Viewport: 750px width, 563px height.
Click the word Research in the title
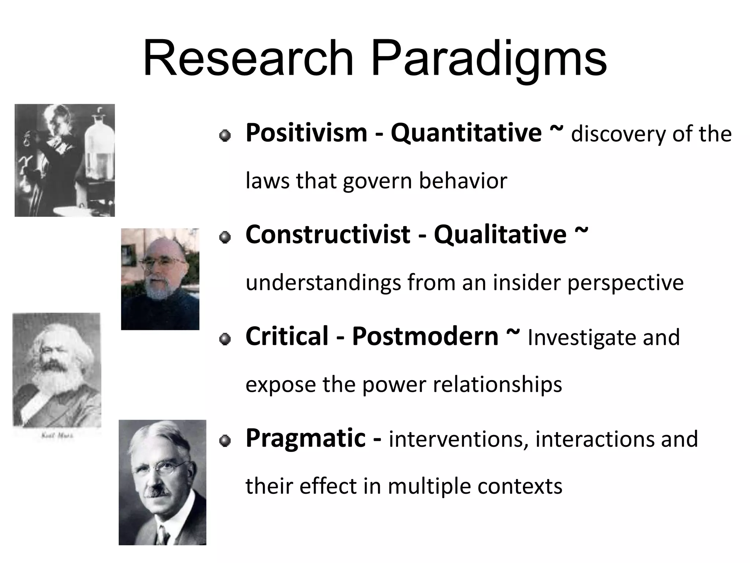(248, 59)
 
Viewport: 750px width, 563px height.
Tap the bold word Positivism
(306, 133)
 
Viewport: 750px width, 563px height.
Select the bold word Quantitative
(466, 133)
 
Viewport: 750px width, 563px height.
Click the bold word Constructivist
(328, 235)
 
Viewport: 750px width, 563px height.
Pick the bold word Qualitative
(500, 235)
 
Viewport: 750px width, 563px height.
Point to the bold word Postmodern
(425, 336)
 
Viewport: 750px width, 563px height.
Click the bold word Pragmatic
(305, 438)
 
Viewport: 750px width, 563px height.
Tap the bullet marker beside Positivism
(225, 136)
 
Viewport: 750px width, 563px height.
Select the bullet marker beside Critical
(225, 339)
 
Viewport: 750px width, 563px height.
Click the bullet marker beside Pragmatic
(225, 441)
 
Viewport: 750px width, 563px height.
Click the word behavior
(463, 181)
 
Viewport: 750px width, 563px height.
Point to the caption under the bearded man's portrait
(57, 436)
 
